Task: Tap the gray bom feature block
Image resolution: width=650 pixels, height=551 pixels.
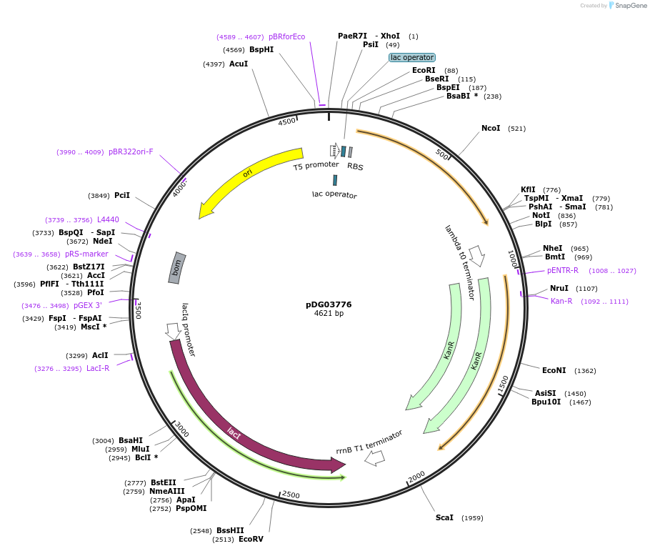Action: coord(177,268)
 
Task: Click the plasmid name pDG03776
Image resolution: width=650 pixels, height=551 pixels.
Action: coord(329,304)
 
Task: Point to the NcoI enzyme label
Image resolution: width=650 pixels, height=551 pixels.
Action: coord(491,129)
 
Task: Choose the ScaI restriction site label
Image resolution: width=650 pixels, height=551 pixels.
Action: coord(444,517)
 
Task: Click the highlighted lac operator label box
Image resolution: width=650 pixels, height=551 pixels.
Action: coord(412,57)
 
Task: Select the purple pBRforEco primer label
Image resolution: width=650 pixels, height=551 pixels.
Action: coord(286,36)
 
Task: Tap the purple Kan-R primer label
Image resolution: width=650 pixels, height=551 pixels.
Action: coord(561,301)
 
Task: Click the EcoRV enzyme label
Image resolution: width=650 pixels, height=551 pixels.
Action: coord(251,539)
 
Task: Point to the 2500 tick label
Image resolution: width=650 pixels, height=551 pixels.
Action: coord(291,495)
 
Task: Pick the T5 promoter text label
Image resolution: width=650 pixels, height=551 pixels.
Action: coord(316,166)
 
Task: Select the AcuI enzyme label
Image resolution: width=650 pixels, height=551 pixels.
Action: coord(239,64)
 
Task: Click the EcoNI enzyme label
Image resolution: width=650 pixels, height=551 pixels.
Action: coord(554,370)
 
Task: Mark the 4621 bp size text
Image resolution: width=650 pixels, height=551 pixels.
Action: coord(329,314)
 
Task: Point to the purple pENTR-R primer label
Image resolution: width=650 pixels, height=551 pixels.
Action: coord(563,270)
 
